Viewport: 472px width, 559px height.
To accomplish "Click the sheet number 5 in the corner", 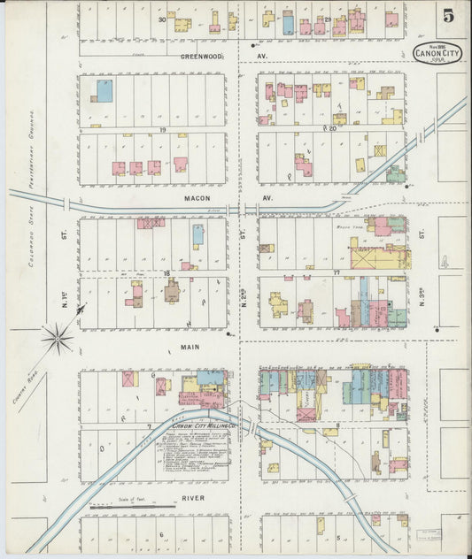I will pos(449,16).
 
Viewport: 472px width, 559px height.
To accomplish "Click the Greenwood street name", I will pos(201,55).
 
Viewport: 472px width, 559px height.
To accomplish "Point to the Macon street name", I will pos(196,199).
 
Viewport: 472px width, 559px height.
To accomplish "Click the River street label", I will pos(193,498).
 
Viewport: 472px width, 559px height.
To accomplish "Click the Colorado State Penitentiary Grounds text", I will pos(33,159).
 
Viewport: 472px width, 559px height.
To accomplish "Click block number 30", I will pos(162,19).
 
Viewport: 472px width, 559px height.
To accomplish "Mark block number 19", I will pos(164,130).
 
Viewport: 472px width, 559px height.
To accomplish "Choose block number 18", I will pos(166,274).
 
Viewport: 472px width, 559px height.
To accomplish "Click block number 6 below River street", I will pos(161,534).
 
